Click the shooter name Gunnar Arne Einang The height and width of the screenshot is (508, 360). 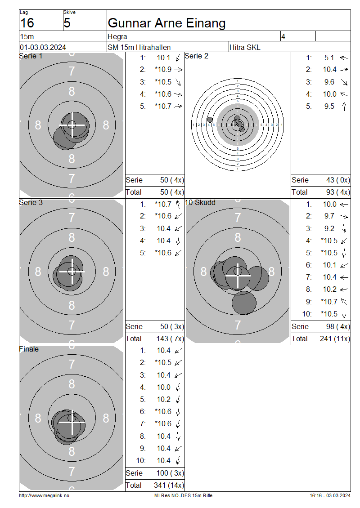166,23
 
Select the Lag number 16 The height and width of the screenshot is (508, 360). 27,23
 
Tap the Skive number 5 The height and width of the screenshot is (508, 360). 67,23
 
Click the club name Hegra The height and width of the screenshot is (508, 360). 117,36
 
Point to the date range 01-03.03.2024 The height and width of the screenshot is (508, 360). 43,47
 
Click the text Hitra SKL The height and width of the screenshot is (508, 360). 245,47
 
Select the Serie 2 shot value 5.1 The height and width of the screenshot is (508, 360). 329,58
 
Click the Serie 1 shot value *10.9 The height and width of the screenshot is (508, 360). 163,69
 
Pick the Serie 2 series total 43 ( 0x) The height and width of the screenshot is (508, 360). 338,180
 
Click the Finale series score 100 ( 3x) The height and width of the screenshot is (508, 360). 170,473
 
